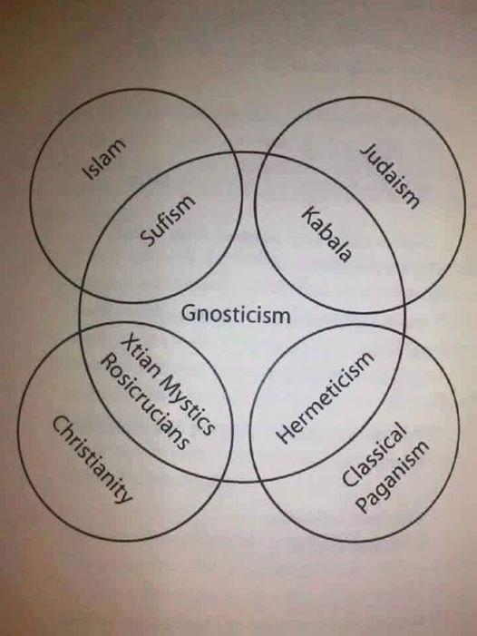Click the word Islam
tap(103, 159)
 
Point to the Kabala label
tap(326, 234)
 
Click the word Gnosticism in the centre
tap(236, 314)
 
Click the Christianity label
tap(92, 458)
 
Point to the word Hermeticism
tap(325, 397)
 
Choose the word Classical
tap(374, 455)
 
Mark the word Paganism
tap(392, 475)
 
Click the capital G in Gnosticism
tap(188, 314)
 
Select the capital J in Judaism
tap(366, 151)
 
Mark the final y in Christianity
tap(126, 495)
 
